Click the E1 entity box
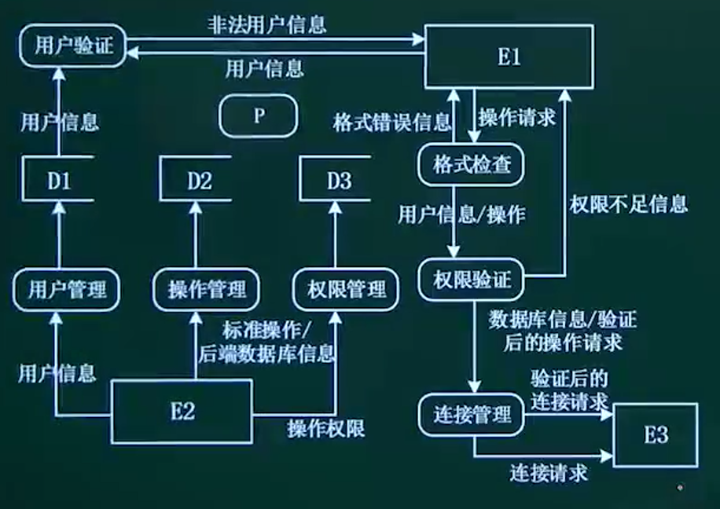click(x=509, y=56)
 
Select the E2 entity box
click(x=182, y=411)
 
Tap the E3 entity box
click(x=656, y=434)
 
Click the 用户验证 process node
click(x=74, y=46)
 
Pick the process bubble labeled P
click(x=259, y=115)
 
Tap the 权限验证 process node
click(x=470, y=279)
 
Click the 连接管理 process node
click(x=473, y=415)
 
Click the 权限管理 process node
click(x=340, y=289)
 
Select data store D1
click(x=59, y=181)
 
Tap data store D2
click(x=199, y=181)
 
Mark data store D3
click(x=339, y=181)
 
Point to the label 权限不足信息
click(x=628, y=205)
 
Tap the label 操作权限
click(x=325, y=428)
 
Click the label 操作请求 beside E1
click(x=517, y=118)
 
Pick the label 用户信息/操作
click(x=461, y=214)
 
